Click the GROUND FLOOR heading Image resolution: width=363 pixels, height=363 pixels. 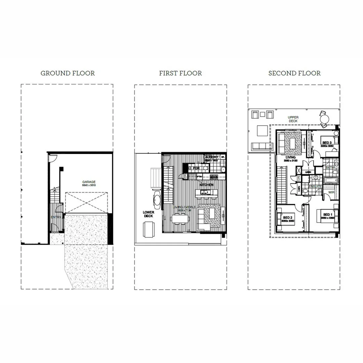68,73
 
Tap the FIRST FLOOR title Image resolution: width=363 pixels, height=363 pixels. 180,73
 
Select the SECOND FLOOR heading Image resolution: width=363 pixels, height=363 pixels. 294,73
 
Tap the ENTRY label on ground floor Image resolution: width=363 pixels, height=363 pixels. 56,217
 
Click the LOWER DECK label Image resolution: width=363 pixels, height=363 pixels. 148,214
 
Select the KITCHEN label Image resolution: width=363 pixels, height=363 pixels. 206,185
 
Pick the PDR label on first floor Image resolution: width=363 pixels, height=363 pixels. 196,168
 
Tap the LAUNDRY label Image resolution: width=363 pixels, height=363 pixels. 211,157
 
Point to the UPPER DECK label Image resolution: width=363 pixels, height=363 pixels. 293,119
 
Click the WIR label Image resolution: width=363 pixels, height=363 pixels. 331,192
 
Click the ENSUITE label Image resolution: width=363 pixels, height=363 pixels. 315,186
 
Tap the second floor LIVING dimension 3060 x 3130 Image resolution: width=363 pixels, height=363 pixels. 290,161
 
